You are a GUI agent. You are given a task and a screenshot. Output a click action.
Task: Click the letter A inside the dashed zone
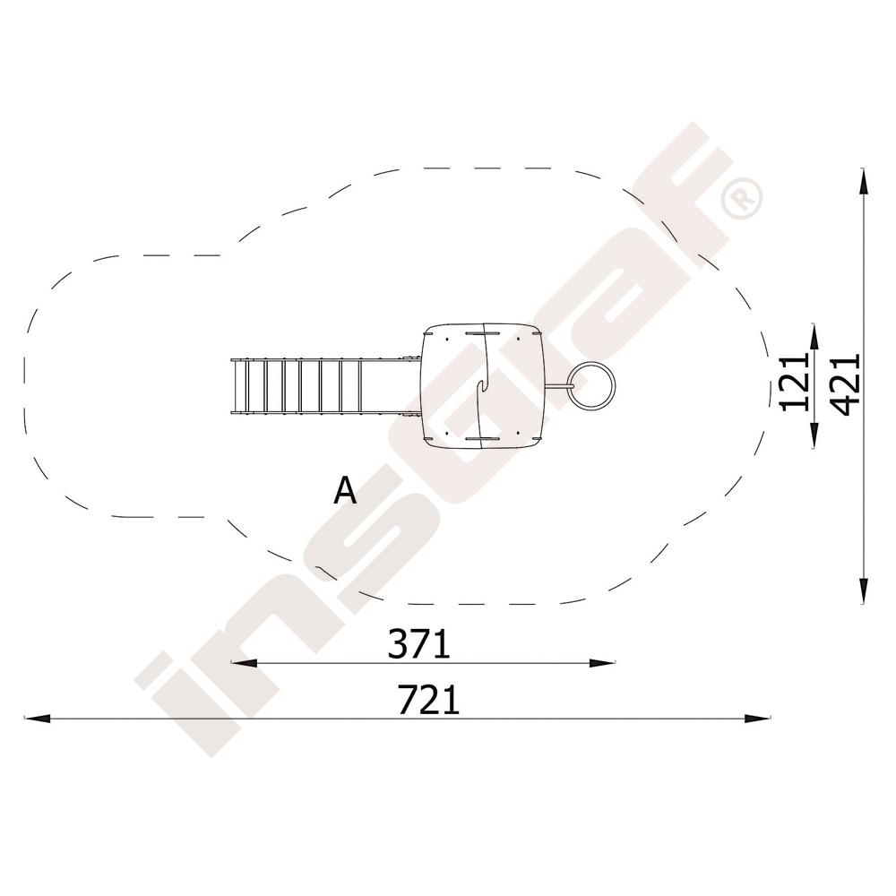tap(345, 490)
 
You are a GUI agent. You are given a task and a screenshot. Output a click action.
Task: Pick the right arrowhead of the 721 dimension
tap(756, 719)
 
